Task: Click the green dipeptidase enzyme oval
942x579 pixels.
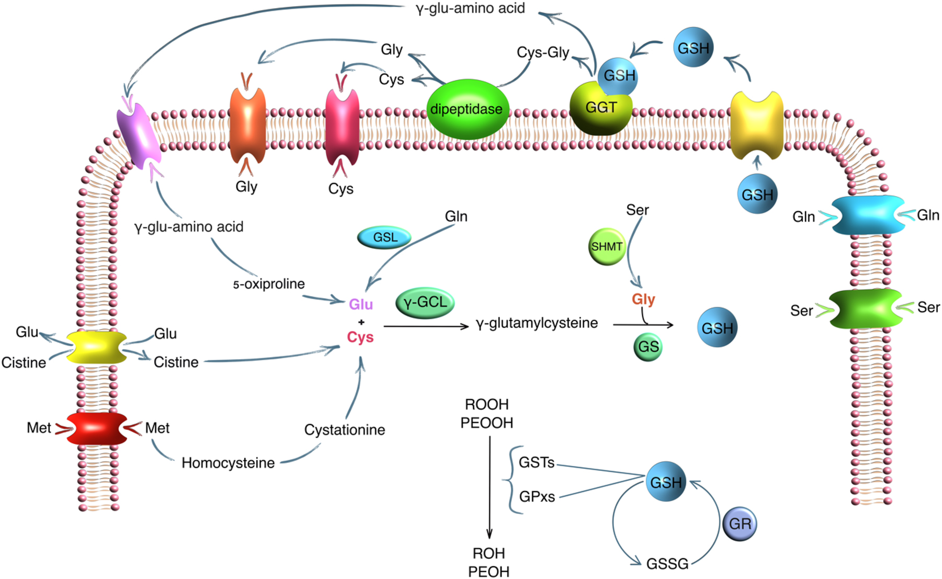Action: [467, 109]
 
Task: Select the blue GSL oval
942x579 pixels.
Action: [384, 237]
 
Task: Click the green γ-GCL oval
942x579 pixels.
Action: [425, 303]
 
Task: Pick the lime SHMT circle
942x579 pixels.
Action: [607, 246]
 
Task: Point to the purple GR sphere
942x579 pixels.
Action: [740, 524]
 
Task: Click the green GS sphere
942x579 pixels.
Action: [648, 347]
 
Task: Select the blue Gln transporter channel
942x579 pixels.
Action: [868, 215]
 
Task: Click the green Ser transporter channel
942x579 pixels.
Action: [866, 309]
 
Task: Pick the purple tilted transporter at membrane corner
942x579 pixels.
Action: [139, 135]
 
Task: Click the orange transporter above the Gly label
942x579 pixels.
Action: [247, 126]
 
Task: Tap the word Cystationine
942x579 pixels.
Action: [345, 430]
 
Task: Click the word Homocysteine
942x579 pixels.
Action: [228, 463]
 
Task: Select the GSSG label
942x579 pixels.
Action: [667, 564]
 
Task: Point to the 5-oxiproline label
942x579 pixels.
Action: [269, 284]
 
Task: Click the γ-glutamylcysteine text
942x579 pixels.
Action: [537, 323]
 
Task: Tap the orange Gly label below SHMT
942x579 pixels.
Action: [643, 299]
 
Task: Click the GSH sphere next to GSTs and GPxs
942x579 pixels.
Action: [665, 482]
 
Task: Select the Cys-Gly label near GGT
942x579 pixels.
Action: [542, 52]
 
